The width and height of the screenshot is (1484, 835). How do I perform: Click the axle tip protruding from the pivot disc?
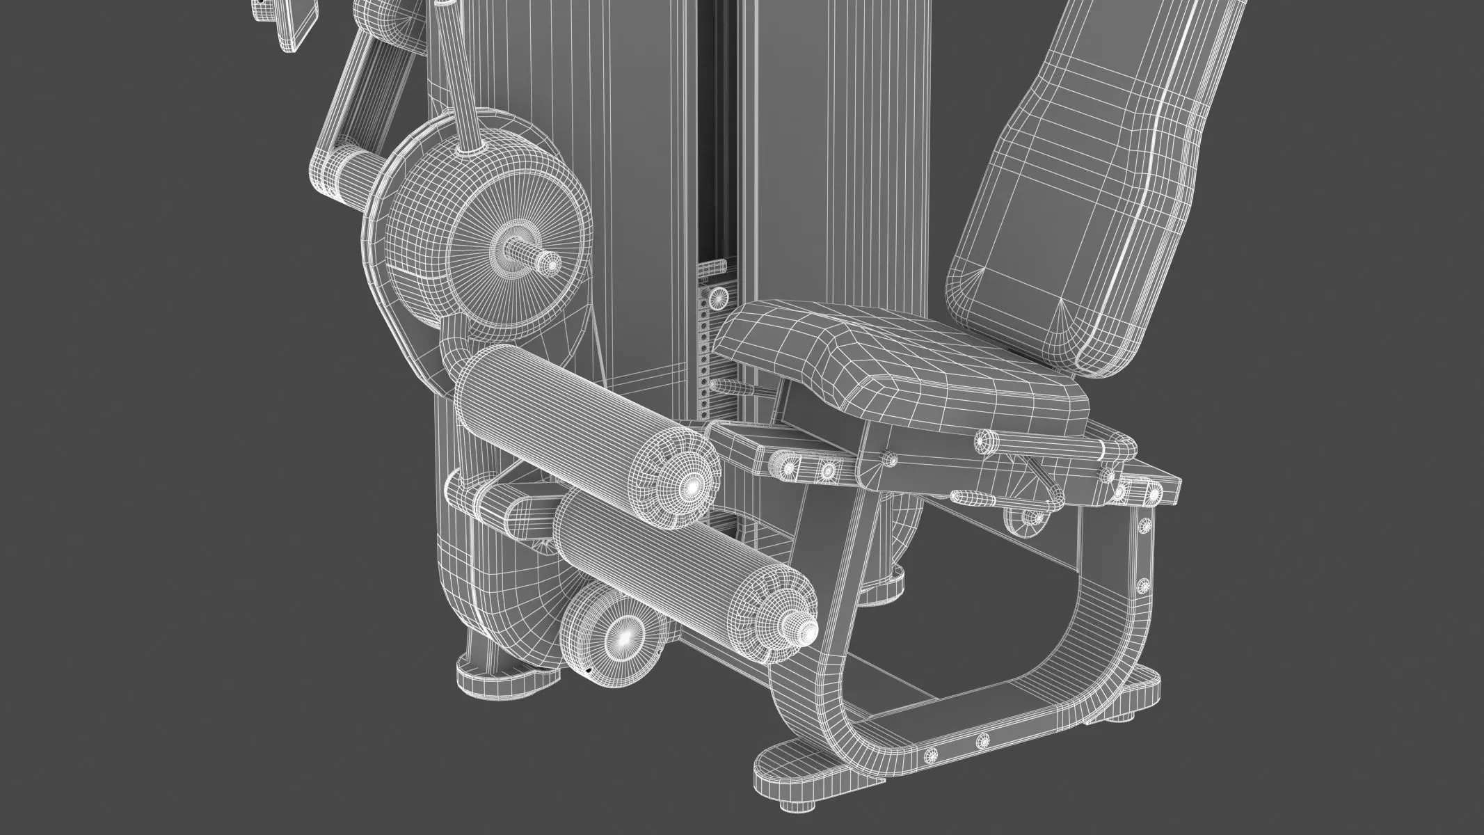(x=550, y=265)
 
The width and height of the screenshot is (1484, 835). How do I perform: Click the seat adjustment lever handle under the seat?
(x=974, y=497)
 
